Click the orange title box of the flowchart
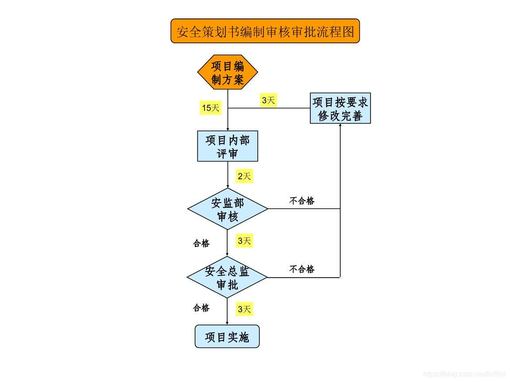(x=265, y=31)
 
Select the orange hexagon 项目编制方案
(x=228, y=73)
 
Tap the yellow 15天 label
(x=210, y=107)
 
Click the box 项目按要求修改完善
(x=340, y=108)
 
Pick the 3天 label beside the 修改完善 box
(x=268, y=100)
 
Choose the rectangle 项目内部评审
(x=228, y=146)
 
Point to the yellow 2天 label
(x=244, y=176)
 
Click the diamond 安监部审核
(x=228, y=209)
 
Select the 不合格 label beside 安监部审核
(x=302, y=201)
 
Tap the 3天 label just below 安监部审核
(x=244, y=241)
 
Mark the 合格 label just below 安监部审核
(x=201, y=243)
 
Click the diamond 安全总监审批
(x=228, y=278)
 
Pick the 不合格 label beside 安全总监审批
(x=302, y=269)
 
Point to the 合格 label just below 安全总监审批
(x=201, y=308)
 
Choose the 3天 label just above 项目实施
(x=244, y=309)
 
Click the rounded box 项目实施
(x=227, y=337)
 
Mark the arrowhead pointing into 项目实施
(x=228, y=323)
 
